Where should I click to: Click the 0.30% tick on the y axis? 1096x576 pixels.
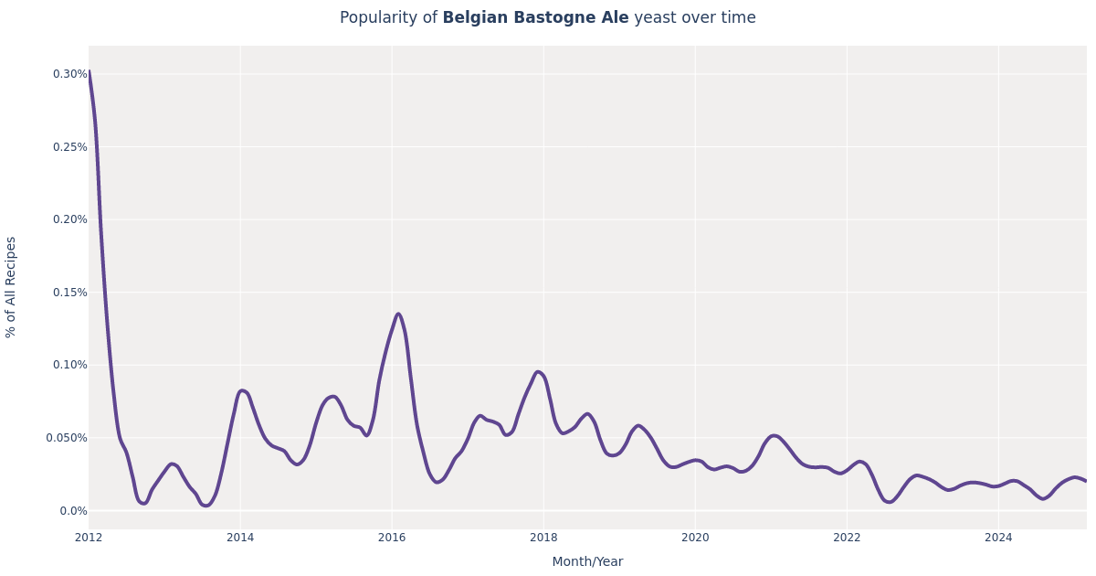pyautogui.click(x=69, y=74)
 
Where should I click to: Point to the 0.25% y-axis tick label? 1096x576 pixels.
pyautogui.click(x=69, y=147)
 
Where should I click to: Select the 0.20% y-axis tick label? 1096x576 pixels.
pyautogui.click(x=69, y=219)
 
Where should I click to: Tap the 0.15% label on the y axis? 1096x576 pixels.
pyautogui.click(x=69, y=293)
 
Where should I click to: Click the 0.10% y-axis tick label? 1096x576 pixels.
pyautogui.click(x=69, y=365)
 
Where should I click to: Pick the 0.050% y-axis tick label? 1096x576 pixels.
pyautogui.click(x=67, y=438)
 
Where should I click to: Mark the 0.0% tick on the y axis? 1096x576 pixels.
pyautogui.click(x=73, y=511)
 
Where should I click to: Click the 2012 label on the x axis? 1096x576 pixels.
pyautogui.click(x=89, y=538)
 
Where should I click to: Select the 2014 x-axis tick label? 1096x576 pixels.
pyautogui.click(x=240, y=538)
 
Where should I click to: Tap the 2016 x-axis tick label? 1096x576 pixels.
pyautogui.click(x=392, y=538)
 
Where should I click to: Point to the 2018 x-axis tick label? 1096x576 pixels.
pyautogui.click(x=543, y=538)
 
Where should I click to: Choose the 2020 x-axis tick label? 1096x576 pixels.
pyautogui.click(x=695, y=538)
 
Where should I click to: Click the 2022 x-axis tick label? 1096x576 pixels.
pyautogui.click(x=847, y=538)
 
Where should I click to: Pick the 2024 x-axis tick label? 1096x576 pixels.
pyautogui.click(x=998, y=538)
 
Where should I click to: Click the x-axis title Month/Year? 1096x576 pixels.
pyautogui.click(x=587, y=562)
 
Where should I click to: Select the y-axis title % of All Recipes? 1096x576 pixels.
pyautogui.click(x=12, y=287)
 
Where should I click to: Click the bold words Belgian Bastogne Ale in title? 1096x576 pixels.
pyautogui.click(x=535, y=18)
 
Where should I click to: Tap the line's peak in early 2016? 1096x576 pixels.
pyautogui.click(x=398, y=315)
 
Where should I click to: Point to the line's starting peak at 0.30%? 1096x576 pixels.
pyautogui.click(x=90, y=72)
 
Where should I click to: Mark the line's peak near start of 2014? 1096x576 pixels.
pyautogui.click(x=242, y=391)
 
